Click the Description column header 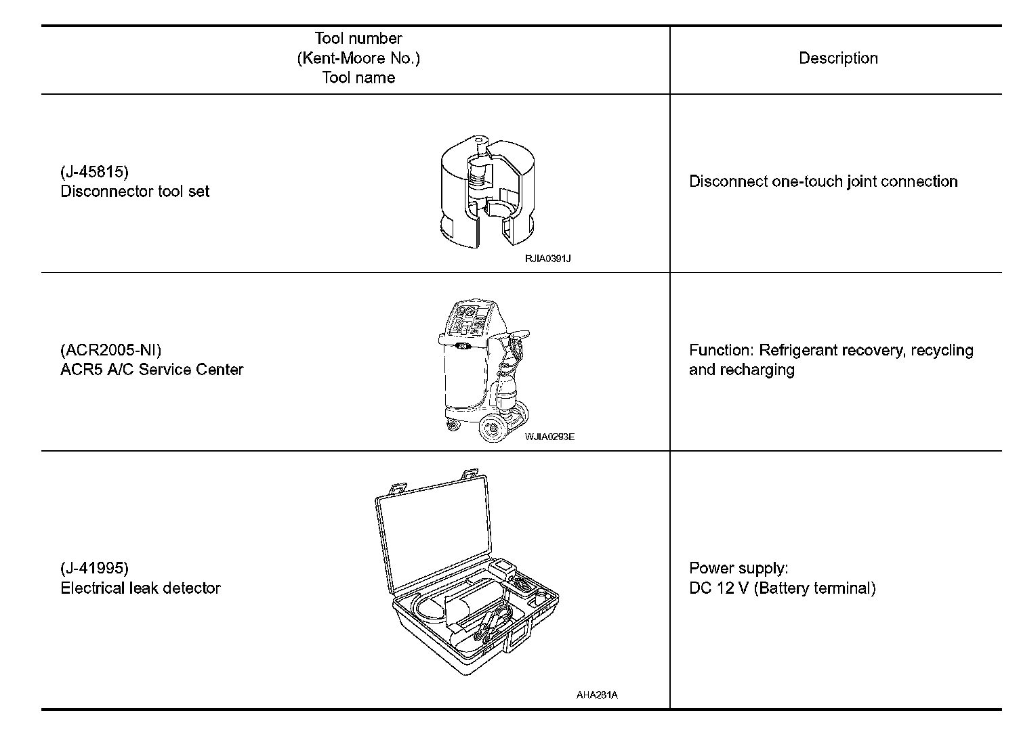click(838, 58)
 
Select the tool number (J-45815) click(94, 172)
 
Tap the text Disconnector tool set click(135, 192)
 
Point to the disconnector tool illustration click(487, 194)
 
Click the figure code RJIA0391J click(548, 259)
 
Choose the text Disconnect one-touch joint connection click(823, 181)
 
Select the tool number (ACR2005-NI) click(111, 350)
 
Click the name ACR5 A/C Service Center click(152, 370)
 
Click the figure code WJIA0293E click(549, 437)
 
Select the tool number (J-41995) click(94, 568)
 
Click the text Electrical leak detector click(140, 588)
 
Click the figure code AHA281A click(597, 695)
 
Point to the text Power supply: click(739, 568)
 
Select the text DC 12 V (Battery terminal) click(782, 588)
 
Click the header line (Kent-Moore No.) click(358, 58)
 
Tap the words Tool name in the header click(358, 78)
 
